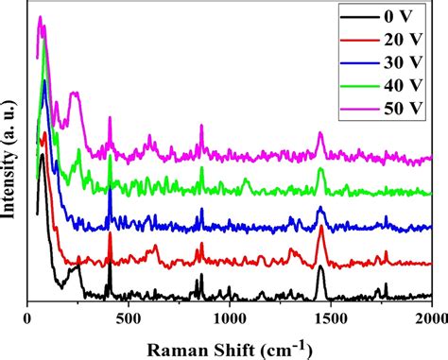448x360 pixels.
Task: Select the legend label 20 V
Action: [x=404, y=41]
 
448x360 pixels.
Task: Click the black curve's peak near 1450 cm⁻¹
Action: [x=319, y=269]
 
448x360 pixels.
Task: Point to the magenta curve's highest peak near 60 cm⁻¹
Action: [x=40, y=18]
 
